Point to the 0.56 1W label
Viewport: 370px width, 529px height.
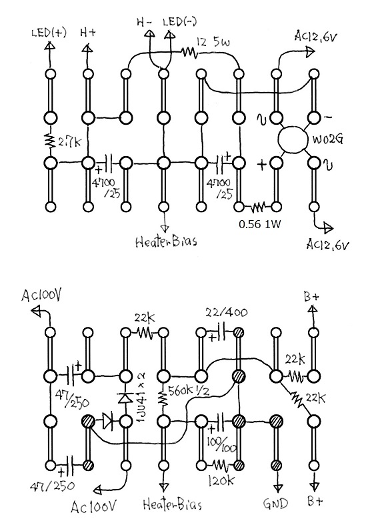(259, 224)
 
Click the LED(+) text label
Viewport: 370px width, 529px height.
(49, 33)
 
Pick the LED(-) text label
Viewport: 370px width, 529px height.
(180, 22)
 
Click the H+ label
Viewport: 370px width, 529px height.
(88, 33)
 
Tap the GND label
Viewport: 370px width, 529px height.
(275, 504)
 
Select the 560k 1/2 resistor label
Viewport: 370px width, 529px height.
(187, 391)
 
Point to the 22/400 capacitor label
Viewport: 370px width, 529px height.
(226, 312)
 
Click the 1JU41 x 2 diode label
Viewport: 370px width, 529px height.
(140, 392)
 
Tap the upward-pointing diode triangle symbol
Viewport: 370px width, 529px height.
(125, 398)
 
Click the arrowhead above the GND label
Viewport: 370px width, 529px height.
(277, 488)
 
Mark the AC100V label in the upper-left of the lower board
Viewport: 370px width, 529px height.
(42, 296)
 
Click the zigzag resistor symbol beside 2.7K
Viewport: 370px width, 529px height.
(50, 141)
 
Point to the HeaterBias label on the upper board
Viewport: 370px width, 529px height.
(166, 241)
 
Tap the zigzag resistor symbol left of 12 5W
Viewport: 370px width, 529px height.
(189, 52)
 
